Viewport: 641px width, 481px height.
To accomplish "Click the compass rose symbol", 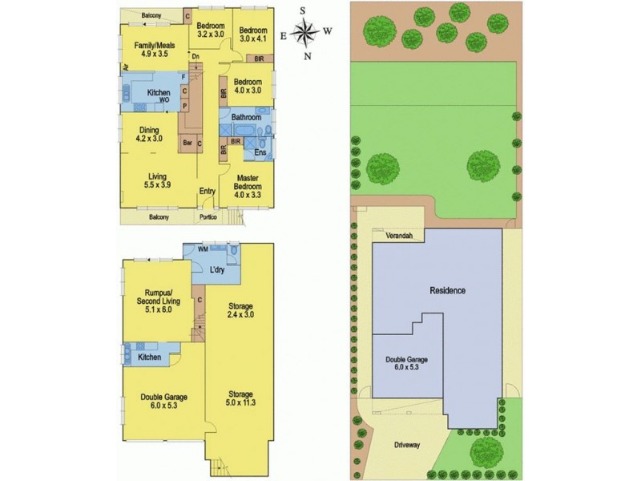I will coord(304,33).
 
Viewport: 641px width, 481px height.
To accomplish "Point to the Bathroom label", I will coord(247,117).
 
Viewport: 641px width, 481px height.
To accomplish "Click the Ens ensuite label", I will coord(260,152).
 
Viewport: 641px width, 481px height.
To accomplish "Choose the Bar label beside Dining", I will coord(187,143).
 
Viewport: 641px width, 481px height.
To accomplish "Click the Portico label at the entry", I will coord(209,217).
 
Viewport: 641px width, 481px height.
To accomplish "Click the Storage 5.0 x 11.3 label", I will coord(240,399).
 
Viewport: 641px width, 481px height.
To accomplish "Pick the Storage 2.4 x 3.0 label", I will coord(240,312).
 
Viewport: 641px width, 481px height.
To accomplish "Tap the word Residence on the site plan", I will coord(447,290).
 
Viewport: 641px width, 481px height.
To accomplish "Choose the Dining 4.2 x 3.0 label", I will coord(150,135).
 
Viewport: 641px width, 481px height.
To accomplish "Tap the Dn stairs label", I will coord(195,55).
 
